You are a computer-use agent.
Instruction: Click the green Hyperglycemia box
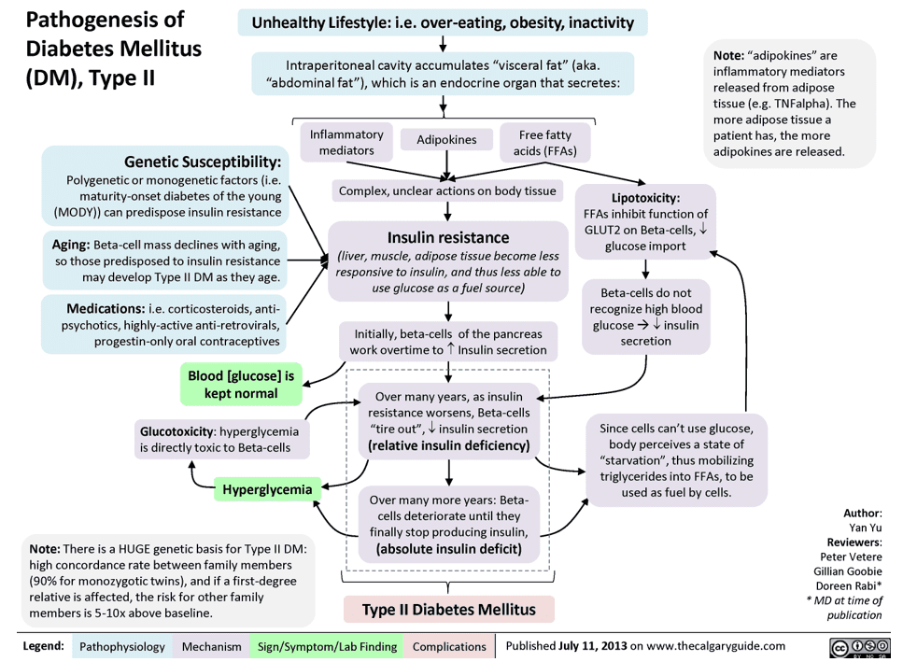268,487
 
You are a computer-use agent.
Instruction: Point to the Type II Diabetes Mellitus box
449,610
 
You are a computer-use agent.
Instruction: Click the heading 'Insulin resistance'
448,237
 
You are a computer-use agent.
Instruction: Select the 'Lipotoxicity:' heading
645,198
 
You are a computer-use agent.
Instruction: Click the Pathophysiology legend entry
122,646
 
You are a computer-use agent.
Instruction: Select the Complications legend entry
449,646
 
